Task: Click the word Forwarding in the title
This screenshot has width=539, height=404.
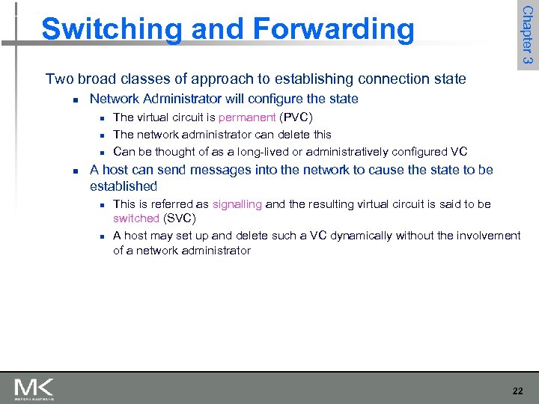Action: (x=334, y=30)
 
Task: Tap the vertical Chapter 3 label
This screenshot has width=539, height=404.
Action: (x=527, y=34)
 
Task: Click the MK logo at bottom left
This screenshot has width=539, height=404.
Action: (x=34, y=389)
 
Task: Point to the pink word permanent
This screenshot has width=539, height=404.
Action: (x=247, y=117)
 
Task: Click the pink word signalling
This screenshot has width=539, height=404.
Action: (x=237, y=204)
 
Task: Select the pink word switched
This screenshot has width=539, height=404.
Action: (x=136, y=218)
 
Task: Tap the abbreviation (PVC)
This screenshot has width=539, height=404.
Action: (x=296, y=117)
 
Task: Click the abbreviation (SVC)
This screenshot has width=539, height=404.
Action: (x=180, y=218)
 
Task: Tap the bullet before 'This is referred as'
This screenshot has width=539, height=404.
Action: (x=100, y=205)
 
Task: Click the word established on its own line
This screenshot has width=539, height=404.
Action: (x=124, y=186)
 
